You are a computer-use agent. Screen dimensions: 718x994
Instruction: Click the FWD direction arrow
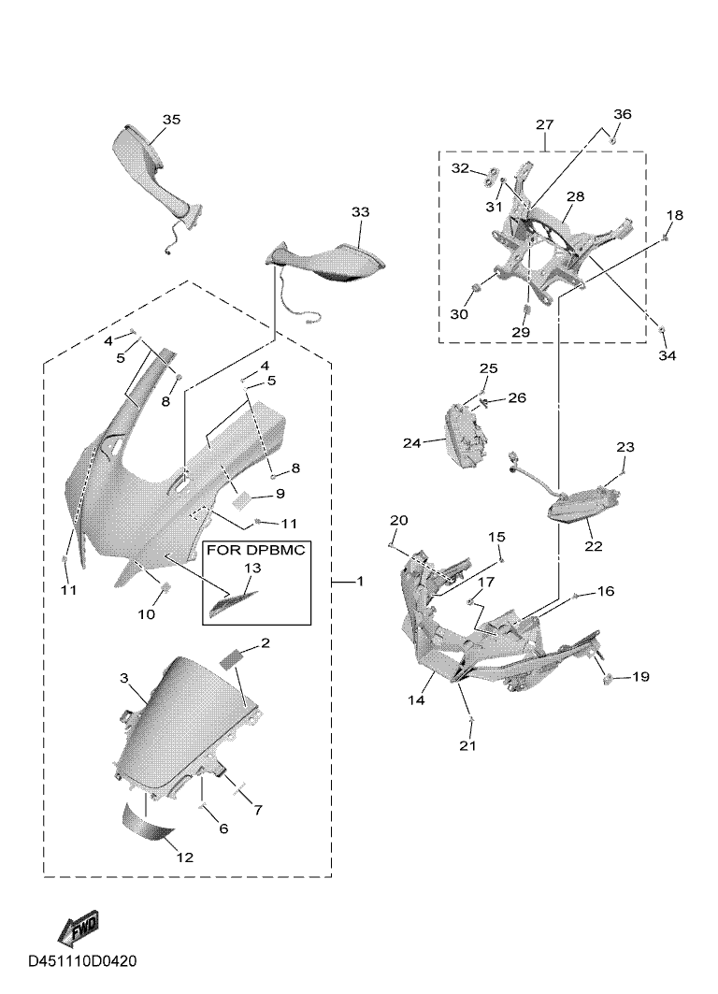point(79,928)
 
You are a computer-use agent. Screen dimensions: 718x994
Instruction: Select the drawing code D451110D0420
point(82,961)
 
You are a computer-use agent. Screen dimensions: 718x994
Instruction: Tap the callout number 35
point(171,120)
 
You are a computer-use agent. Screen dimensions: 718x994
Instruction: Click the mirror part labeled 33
point(325,260)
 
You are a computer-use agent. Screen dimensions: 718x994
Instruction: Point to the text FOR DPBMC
point(255,550)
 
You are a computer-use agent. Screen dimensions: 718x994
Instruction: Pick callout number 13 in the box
point(252,568)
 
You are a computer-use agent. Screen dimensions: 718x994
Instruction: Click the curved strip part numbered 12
point(149,823)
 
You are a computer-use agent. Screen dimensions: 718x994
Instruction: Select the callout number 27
point(545,125)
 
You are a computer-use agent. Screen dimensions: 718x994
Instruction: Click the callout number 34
point(667,355)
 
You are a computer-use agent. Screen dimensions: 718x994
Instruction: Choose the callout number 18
point(674,215)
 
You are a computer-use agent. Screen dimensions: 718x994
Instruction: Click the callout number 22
point(593,546)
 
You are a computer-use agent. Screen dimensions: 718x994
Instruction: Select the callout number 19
point(640,677)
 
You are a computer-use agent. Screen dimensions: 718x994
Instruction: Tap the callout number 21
point(467,745)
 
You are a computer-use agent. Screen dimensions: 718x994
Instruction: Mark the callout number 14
point(416,700)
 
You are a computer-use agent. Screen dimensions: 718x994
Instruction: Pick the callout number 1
point(360,582)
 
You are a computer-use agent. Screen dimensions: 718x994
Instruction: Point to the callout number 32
point(461,168)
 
